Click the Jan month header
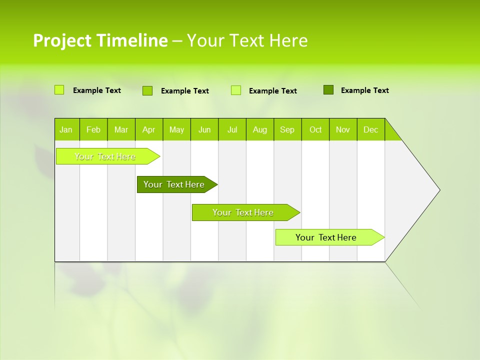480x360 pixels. pyautogui.click(x=66, y=129)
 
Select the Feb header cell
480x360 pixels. pyautogui.click(x=93, y=129)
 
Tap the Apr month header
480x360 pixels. pyautogui.click(x=148, y=129)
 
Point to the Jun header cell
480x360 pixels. pyautogui.click(x=204, y=129)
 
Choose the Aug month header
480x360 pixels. pyautogui.click(x=259, y=129)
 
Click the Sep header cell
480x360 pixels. pyautogui.click(x=287, y=129)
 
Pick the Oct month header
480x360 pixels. pyautogui.click(x=315, y=129)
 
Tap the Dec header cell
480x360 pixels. pyautogui.click(x=370, y=129)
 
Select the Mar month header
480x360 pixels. pyautogui.click(x=121, y=129)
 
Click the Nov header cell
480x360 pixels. pyautogui.click(x=343, y=129)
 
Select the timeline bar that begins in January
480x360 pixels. pyautogui.click(x=105, y=156)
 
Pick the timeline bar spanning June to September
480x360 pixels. pyautogui.click(x=243, y=212)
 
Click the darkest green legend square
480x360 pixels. pyautogui.click(x=328, y=90)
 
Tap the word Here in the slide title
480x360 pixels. pyautogui.click(x=288, y=40)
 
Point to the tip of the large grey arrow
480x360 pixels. pyautogui.click(x=438, y=190)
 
